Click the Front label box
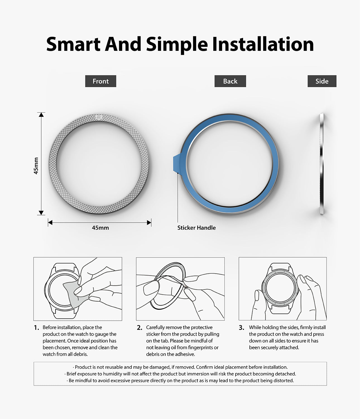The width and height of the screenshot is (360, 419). tap(100, 81)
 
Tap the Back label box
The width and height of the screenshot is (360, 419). tap(230, 81)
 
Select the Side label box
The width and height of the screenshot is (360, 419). tap(322, 81)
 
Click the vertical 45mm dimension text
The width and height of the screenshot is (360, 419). tap(36, 166)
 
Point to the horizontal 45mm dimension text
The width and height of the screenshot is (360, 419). tap(100, 228)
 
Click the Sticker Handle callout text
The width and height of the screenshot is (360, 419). tap(196, 228)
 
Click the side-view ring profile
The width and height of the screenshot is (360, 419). tap(322, 164)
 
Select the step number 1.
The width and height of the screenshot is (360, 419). tap(36, 328)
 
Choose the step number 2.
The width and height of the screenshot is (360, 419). tap(140, 328)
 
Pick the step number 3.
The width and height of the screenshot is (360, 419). tap(241, 328)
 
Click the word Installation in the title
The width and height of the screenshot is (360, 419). tap(263, 44)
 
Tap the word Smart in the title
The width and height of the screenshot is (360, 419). tap(73, 44)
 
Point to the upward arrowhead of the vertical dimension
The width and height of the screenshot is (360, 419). tap(41, 115)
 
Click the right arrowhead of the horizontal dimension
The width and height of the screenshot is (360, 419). tap(149, 223)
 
